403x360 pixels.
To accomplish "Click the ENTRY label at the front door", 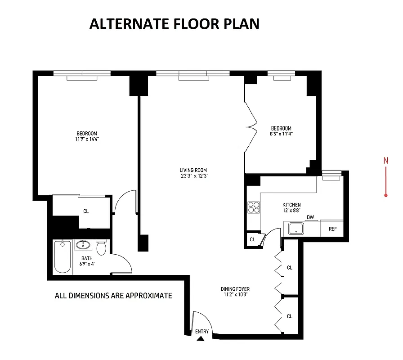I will pos(202,332).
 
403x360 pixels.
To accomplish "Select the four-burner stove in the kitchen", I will pos(253,207).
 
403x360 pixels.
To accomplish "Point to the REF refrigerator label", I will pos(332,229).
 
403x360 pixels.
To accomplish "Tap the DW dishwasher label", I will pos(310,218).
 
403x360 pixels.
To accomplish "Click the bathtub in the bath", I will pos(63,257).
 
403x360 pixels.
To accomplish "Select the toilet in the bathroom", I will pos(102,247).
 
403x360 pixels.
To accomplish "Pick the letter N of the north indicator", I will pos(385,160).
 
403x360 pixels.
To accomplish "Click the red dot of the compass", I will pos(386,195).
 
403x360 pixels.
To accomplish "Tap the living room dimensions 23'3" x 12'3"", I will pos(194,176).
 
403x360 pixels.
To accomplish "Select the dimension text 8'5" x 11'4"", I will pos(281,134).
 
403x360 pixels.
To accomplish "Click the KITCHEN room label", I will pos(291,205).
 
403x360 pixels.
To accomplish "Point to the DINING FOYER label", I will pos(235,289).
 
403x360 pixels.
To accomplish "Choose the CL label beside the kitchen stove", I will pos(252,239).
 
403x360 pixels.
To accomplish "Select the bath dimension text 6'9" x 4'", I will pos(86,264).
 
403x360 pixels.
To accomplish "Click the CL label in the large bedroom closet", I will pos(86,211).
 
